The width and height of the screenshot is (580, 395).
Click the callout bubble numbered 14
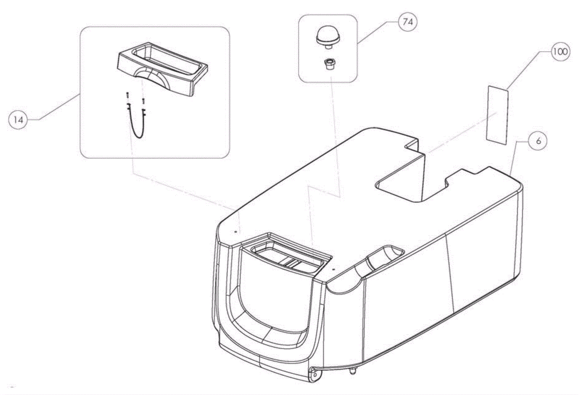pyautogui.click(x=18, y=119)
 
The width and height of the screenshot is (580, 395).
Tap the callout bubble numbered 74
pyautogui.click(x=407, y=22)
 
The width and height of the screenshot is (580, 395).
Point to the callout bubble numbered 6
pyautogui.click(x=538, y=141)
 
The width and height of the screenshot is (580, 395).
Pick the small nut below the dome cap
pyautogui.click(x=329, y=66)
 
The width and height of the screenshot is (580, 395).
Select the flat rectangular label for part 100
pyautogui.click(x=497, y=115)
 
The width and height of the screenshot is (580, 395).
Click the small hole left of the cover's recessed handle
pyautogui.click(x=236, y=231)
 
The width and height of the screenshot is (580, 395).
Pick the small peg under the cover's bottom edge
pyautogui.click(x=352, y=371)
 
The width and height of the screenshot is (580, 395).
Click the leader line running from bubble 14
pyautogui.click(x=58, y=105)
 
